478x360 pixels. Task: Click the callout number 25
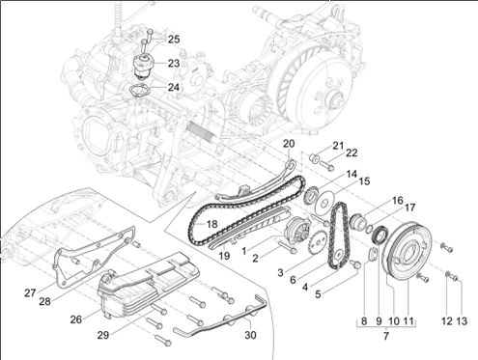[x=174, y=40]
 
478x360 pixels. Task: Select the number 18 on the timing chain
[x=211, y=224]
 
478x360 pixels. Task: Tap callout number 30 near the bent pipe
[x=250, y=335]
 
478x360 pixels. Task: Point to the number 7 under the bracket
[x=386, y=336]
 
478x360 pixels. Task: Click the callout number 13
[x=462, y=320]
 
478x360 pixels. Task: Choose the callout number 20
[x=289, y=144]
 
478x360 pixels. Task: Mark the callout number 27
[x=30, y=293]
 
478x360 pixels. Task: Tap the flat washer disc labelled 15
[x=324, y=202]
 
